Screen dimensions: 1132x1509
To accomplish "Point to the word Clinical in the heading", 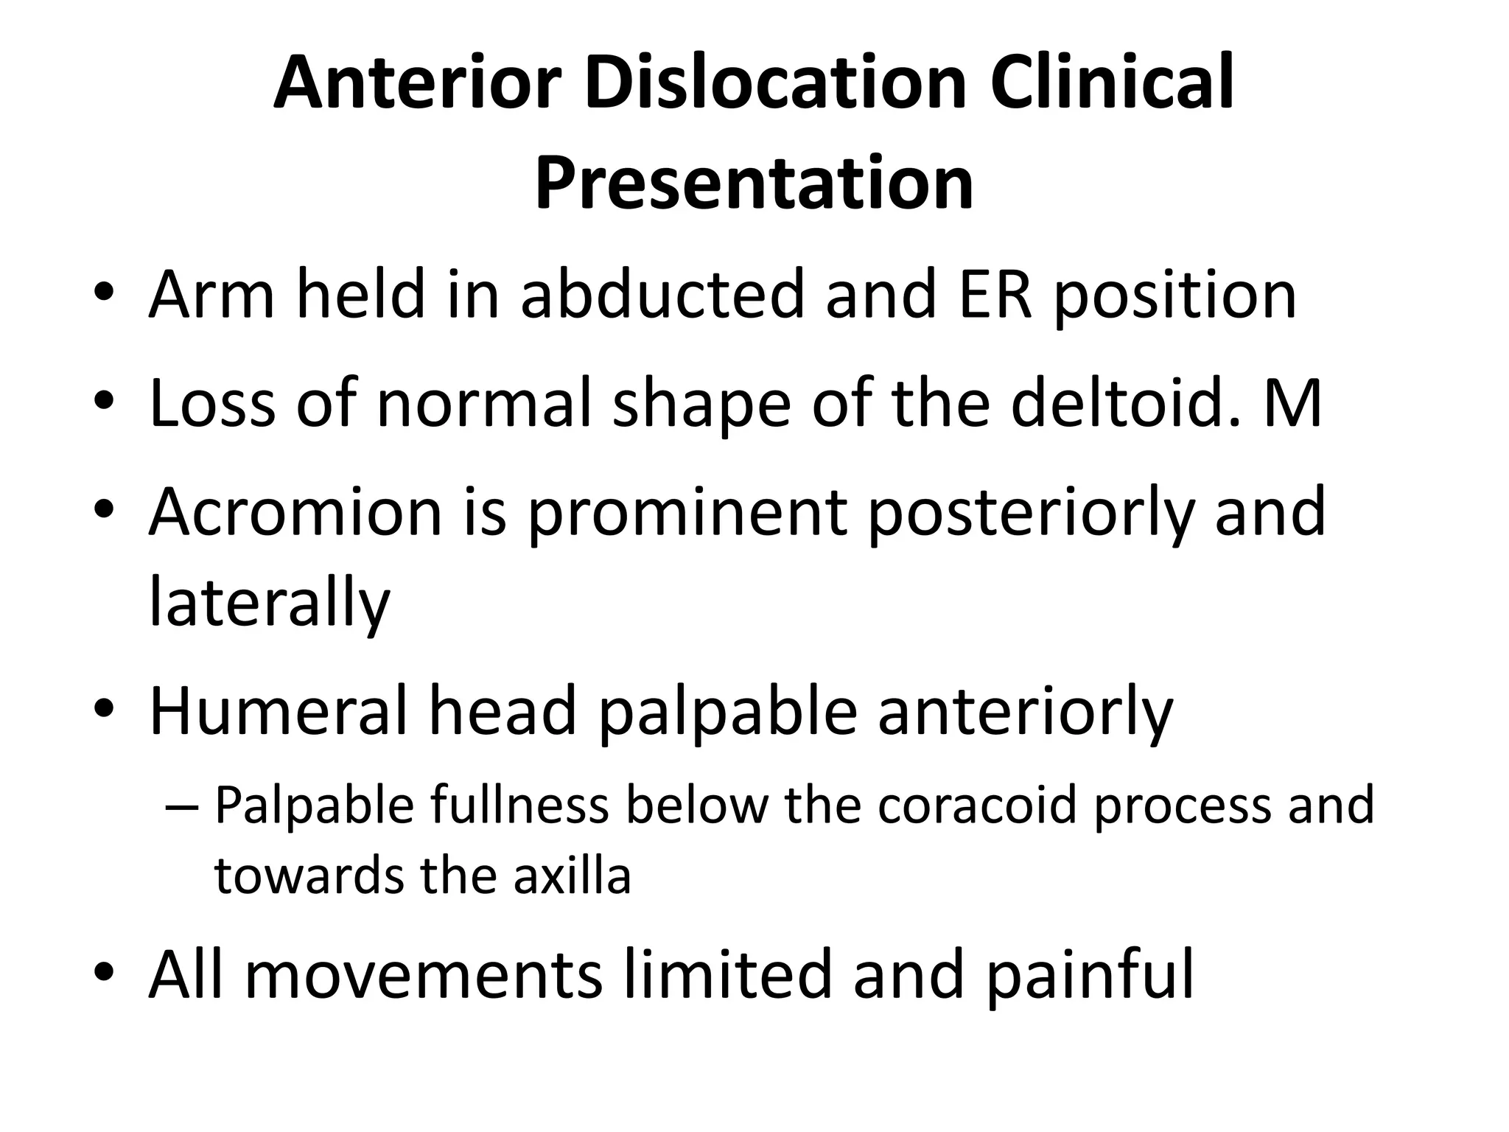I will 1111,83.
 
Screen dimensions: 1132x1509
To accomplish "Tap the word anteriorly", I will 1025,713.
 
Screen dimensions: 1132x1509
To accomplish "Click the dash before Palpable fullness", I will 183,806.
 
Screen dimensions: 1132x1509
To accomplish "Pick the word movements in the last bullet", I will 424,976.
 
